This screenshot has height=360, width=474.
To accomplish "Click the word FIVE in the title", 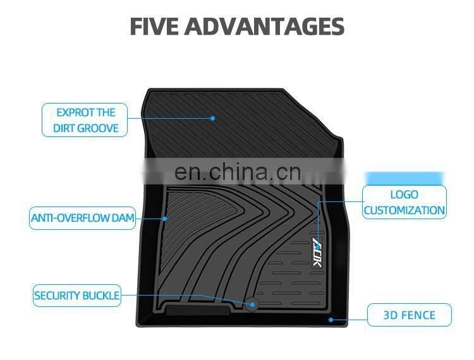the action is pyautogui.click(x=154, y=27).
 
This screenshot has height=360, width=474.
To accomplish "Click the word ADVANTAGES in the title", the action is pyautogui.click(x=265, y=27).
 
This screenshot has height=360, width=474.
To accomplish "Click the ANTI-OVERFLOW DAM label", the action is pyautogui.click(x=83, y=218).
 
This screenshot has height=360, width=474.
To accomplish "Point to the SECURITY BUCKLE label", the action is pyautogui.click(x=76, y=296).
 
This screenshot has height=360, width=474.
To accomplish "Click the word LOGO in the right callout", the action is pyautogui.click(x=404, y=195).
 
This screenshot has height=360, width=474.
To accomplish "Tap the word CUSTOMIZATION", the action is pyautogui.click(x=404, y=210).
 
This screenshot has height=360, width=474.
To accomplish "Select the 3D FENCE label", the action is pyautogui.click(x=410, y=315).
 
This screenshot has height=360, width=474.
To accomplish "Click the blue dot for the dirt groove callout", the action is pyautogui.click(x=212, y=118).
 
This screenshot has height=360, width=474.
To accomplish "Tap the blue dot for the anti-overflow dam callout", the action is pyautogui.click(x=164, y=219).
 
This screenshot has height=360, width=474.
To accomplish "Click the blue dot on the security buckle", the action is pyautogui.click(x=252, y=304).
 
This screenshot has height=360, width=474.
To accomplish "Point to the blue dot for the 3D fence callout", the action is pyautogui.click(x=331, y=320).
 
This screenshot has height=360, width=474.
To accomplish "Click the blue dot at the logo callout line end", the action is pyautogui.click(x=317, y=222).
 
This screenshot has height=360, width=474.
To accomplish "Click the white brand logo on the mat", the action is pyautogui.click(x=317, y=252).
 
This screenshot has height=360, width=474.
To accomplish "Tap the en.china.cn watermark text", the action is pyautogui.click(x=238, y=172).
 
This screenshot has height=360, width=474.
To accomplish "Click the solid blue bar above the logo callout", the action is pyautogui.click(x=404, y=178).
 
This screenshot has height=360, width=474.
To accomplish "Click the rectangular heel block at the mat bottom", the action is pyautogui.click(x=197, y=310).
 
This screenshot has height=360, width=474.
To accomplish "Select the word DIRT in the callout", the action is pyautogui.click(x=64, y=128).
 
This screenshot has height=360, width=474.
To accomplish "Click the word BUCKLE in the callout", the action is pyautogui.click(x=101, y=296).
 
